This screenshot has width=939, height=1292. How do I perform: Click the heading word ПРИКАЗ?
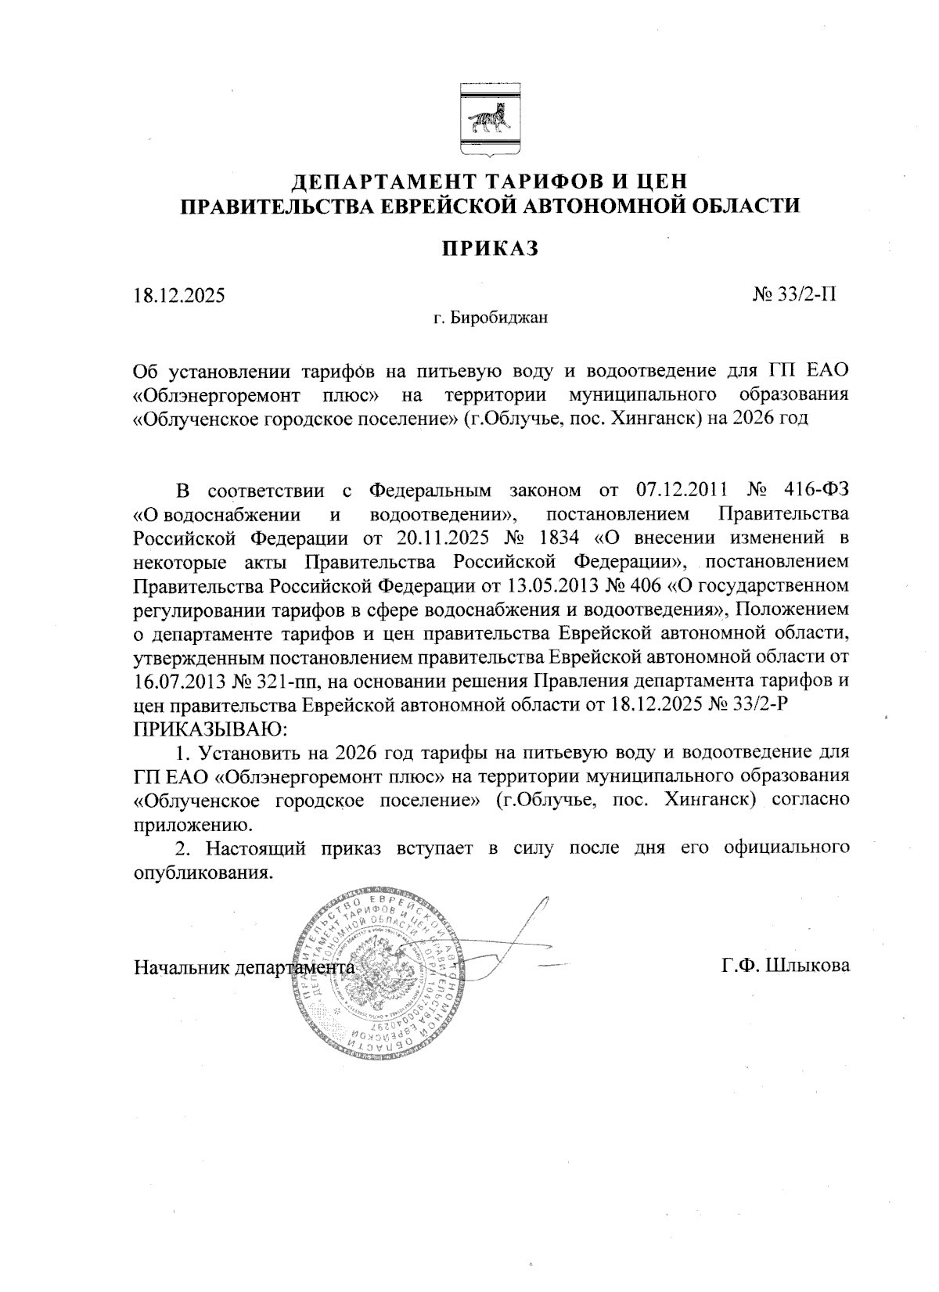489,248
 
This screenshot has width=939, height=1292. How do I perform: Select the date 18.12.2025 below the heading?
178,297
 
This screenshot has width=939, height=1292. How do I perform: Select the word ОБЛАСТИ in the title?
747,206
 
